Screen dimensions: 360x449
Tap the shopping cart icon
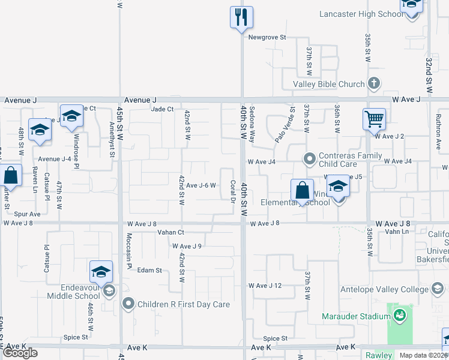pos(373,119)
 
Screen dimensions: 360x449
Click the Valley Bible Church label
pos(328,84)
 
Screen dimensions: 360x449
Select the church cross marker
pos(374,84)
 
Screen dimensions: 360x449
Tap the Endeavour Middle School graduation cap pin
pos(101,272)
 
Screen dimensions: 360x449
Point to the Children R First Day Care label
pos(184,304)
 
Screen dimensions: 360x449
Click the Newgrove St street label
pos(268,37)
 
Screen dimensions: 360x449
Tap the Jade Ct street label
pos(162,109)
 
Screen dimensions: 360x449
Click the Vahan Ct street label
pos(170,232)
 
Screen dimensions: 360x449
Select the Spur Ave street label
pos(27,214)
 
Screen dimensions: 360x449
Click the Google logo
pos(20,353)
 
